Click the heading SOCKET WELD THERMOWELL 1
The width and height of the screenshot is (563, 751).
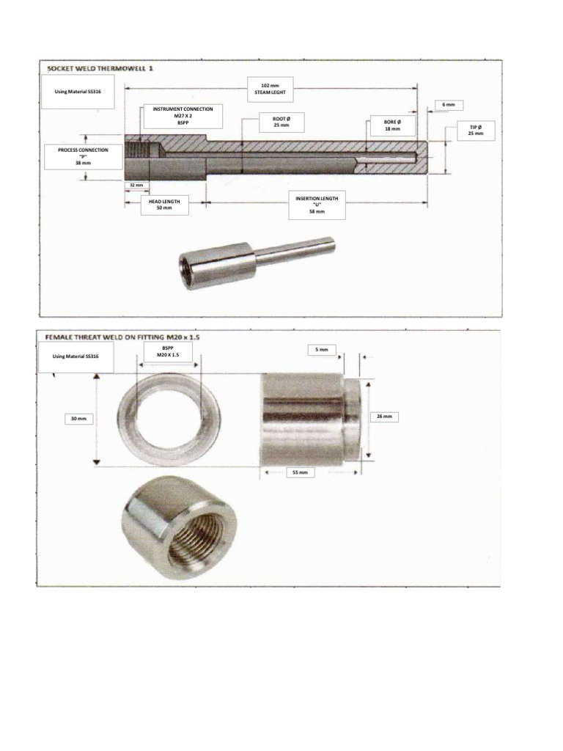point(100,68)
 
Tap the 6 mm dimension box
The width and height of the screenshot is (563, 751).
point(448,105)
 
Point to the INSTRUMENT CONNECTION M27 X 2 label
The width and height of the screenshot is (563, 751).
point(183,116)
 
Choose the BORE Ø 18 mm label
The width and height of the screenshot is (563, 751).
point(391,125)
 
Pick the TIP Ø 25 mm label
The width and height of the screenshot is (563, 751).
point(475,130)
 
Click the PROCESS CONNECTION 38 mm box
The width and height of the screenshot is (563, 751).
point(83,156)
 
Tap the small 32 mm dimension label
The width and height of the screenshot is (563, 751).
point(136,185)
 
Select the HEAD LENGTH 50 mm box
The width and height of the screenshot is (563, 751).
point(164,204)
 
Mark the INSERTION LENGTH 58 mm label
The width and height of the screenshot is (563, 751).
point(317,205)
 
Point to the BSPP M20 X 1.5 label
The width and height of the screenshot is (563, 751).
point(168,351)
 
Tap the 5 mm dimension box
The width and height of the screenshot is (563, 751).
point(322,351)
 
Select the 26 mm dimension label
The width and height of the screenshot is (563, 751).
point(384,417)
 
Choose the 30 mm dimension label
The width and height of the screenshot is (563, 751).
point(78,419)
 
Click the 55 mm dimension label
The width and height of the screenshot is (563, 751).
point(300,473)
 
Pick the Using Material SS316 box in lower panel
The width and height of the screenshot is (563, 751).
point(75,357)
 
